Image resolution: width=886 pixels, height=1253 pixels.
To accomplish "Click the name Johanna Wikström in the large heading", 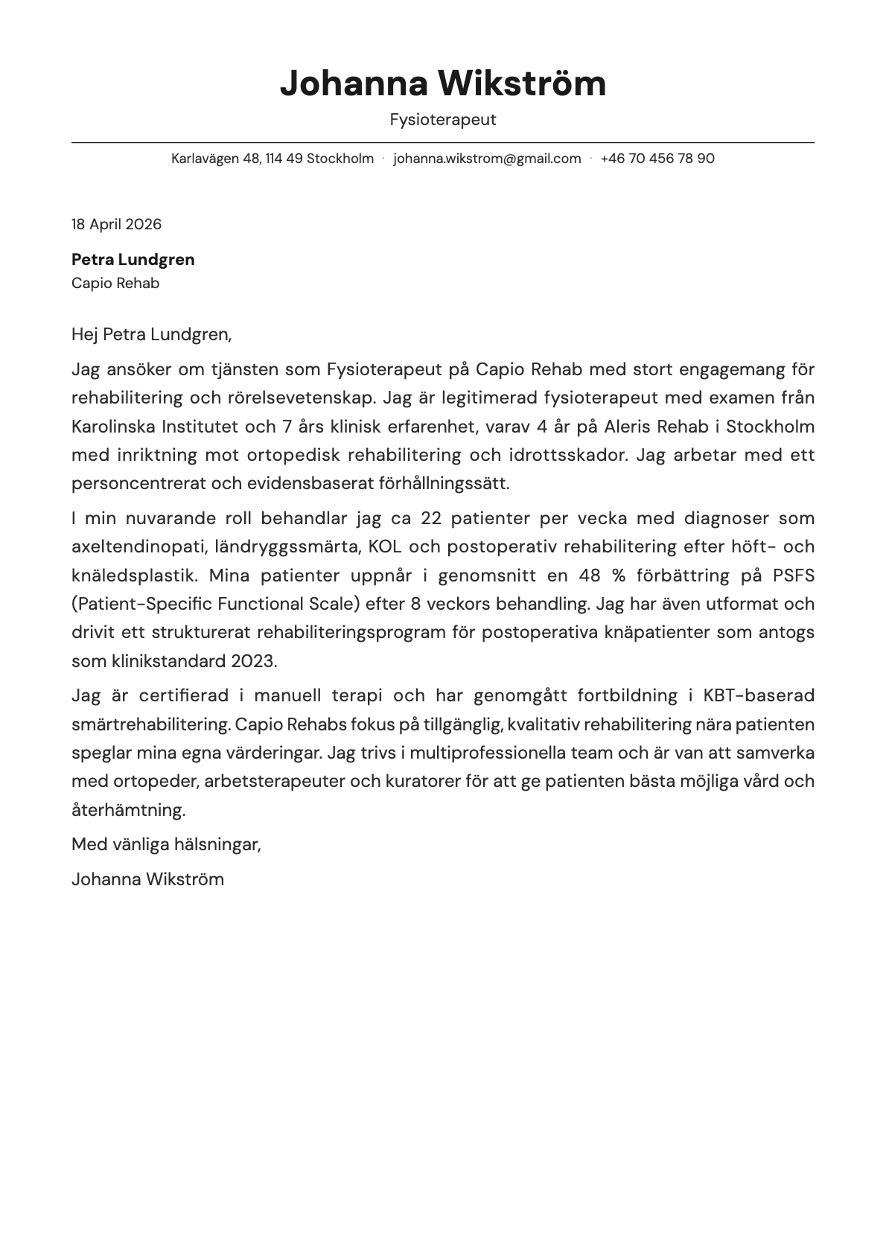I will coord(442,83).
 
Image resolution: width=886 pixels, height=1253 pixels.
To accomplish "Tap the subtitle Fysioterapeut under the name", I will coord(442,120).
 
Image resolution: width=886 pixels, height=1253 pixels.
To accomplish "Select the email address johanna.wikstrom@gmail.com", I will coord(487,159).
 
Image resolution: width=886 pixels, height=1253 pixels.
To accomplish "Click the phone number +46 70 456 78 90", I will coord(657,159).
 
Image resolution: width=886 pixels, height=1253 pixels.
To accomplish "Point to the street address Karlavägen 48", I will coord(215,159).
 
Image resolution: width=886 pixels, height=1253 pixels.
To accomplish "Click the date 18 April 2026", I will coord(116,224).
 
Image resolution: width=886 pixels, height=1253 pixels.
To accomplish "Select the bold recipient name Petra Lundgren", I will coord(133,260).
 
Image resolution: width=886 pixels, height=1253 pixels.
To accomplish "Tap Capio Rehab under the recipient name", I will coord(115,284).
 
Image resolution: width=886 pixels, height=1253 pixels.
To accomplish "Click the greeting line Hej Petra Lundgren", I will coord(151,334).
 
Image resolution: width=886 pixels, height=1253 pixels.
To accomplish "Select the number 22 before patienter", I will coord(432,518).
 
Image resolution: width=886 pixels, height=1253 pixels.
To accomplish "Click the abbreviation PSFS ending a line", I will coord(793,576).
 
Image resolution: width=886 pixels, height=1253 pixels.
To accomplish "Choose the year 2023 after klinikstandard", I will coord(253,661).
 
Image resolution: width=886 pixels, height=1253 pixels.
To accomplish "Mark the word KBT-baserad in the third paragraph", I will coord(758,695).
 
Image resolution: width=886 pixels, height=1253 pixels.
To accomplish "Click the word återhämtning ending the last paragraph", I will coord(128,810).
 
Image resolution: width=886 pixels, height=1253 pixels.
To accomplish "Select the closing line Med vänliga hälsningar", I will coord(166,844).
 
